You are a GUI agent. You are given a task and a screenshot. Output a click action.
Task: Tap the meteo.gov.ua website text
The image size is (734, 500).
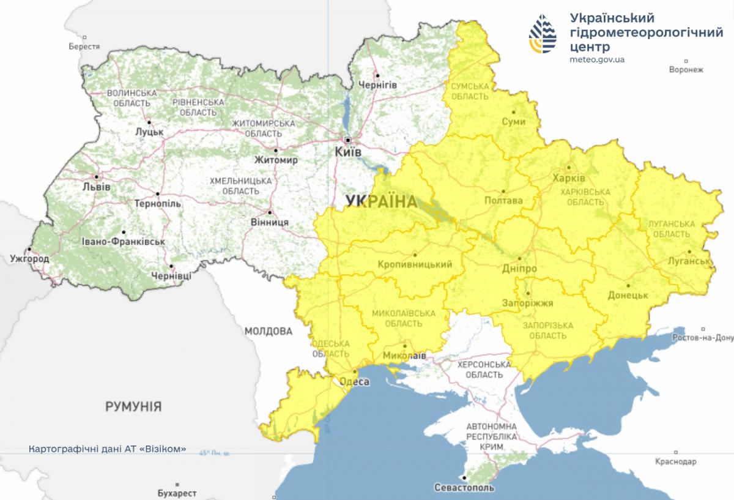596,59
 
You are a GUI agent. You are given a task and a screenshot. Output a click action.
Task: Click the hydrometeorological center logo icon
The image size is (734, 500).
544,35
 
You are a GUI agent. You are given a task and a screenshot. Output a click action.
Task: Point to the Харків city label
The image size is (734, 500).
568,178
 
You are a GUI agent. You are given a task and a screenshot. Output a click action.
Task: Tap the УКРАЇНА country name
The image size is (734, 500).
380,201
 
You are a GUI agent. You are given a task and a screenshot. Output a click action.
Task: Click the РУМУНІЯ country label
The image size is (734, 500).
133,406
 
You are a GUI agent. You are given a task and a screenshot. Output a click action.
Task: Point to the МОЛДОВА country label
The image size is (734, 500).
269,331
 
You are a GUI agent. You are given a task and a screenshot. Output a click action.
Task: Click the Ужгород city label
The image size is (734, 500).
29,259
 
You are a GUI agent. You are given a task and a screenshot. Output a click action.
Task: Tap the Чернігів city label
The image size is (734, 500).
377,84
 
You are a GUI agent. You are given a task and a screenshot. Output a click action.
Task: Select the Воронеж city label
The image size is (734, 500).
686,70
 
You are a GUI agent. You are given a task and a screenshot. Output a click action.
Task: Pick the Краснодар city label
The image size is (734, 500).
675,461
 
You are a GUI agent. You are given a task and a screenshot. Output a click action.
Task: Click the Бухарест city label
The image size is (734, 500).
177,493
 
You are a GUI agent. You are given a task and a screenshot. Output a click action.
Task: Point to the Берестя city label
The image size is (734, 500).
84,47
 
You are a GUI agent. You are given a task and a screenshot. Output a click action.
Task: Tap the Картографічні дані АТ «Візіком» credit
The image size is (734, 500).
107,449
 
